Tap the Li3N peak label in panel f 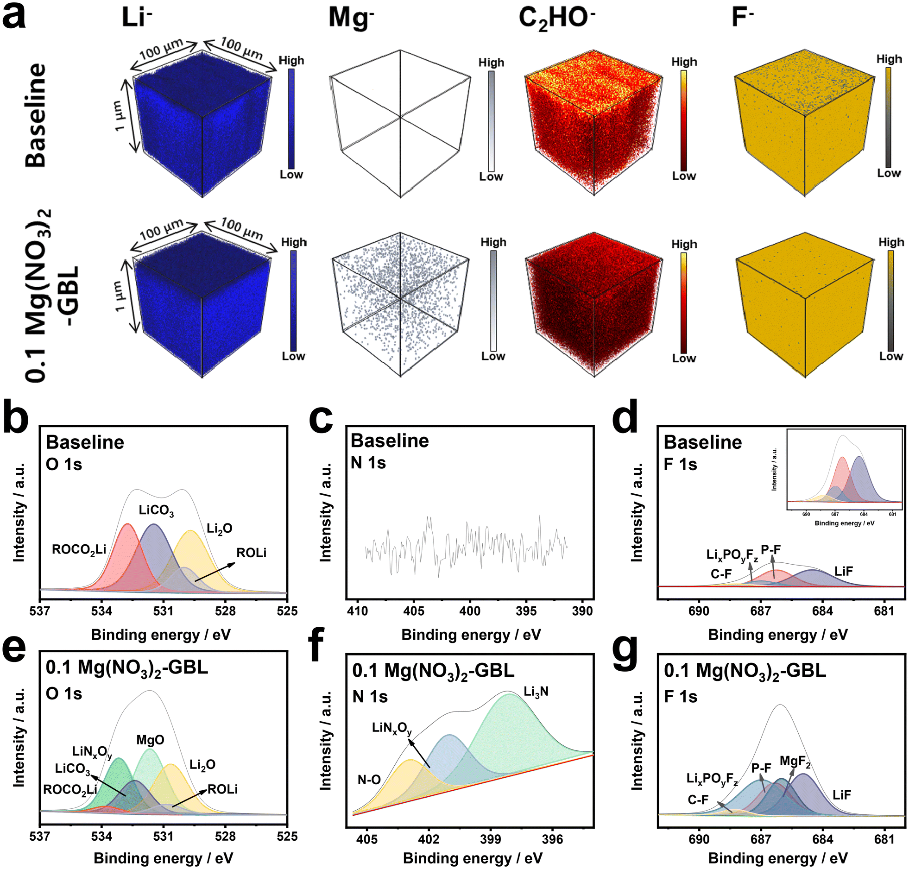[x=536, y=692]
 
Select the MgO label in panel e [x=150, y=740]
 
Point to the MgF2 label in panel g [x=795, y=762]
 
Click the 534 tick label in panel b [x=101, y=611]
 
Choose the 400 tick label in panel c [x=470, y=611]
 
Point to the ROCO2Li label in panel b [x=79, y=550]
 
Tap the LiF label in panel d [x=844, y=571]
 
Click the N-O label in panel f [x=369, y=780]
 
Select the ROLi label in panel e [x=222, y=789]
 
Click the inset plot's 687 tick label [x=835, y=514]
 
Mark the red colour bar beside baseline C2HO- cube [x=684, y=121]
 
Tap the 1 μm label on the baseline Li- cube [x=120, y=116]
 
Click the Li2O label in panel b [x=220, y=529]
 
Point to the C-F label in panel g [x=698, y=800]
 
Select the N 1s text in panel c [x=368, y=463]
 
